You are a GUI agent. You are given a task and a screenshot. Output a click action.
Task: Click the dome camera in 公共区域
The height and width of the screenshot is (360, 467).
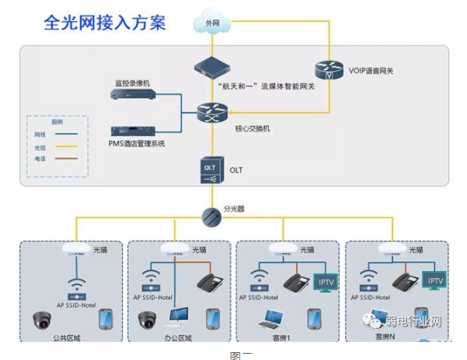pos(42,320)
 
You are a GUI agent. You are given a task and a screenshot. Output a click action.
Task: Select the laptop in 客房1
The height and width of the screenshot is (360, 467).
pos(273,319)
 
